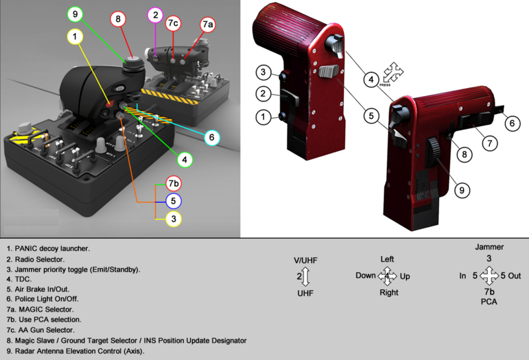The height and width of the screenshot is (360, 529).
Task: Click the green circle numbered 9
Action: tap(75, 14)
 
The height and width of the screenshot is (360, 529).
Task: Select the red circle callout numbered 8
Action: tap(118, 19)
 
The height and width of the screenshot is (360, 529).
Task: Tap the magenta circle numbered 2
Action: tap(155, 15)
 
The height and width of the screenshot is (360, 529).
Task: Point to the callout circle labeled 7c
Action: tap(173, 23)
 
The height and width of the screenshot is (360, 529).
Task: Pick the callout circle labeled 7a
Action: tap(207, 24)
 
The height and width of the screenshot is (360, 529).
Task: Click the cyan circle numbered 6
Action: tap(212, 138)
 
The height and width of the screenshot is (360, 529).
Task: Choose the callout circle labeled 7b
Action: tap(173, 183)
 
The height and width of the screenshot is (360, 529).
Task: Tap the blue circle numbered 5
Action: tap(173, 201)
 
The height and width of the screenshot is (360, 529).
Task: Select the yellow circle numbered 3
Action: tap(173, 219)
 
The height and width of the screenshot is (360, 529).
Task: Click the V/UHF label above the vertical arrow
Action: tap(305, 260)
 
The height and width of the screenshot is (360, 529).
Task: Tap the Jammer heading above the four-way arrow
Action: tap(489, 247)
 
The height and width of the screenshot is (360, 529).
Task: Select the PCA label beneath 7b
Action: tap(489, 302)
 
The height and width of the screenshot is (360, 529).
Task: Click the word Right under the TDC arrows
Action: tap(389, 292)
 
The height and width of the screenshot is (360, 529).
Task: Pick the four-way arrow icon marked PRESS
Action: tap(393, 72)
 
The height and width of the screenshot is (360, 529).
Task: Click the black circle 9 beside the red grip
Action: tap(462, 190)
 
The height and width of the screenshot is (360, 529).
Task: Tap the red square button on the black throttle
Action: tap(110, 104)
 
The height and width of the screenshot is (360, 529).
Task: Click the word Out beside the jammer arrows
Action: tap(514, 276)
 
